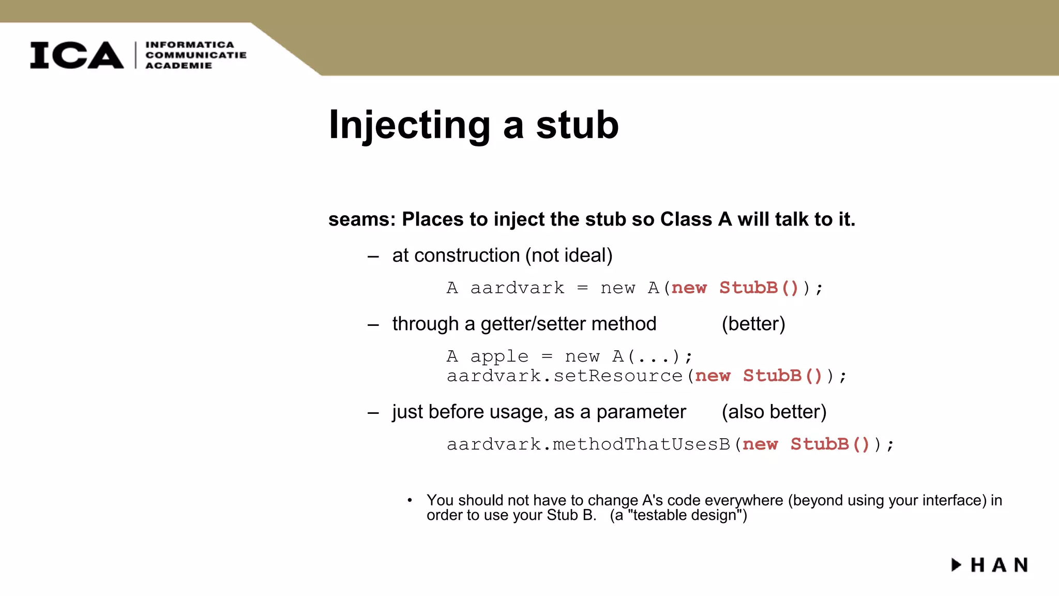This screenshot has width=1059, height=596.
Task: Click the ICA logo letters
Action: [77, 55]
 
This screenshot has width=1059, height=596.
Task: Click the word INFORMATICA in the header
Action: [190, 45]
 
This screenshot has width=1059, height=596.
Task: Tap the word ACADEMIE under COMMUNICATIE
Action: [178, 66]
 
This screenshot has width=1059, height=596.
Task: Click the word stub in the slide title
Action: [577, 125]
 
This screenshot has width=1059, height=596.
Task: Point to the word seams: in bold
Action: [361, 219]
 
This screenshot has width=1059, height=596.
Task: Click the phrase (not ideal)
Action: [569, 256]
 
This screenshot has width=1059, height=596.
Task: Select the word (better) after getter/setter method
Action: [753, 324]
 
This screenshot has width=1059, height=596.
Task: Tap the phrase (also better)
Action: [774, 412]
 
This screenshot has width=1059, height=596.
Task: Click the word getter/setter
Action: [534, 324]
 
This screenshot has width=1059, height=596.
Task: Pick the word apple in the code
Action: [499, 356]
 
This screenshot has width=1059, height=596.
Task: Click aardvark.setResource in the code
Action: [565, 376]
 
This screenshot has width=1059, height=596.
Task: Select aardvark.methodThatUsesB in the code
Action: [588, 444]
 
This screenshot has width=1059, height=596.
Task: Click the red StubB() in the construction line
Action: [759, 288]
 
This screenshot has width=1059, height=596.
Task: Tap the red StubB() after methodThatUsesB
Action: [830, 444]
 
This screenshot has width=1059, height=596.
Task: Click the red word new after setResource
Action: [713, 376]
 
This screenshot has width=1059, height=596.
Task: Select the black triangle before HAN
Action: [956, 564]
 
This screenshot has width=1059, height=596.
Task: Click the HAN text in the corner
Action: [999, 565]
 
